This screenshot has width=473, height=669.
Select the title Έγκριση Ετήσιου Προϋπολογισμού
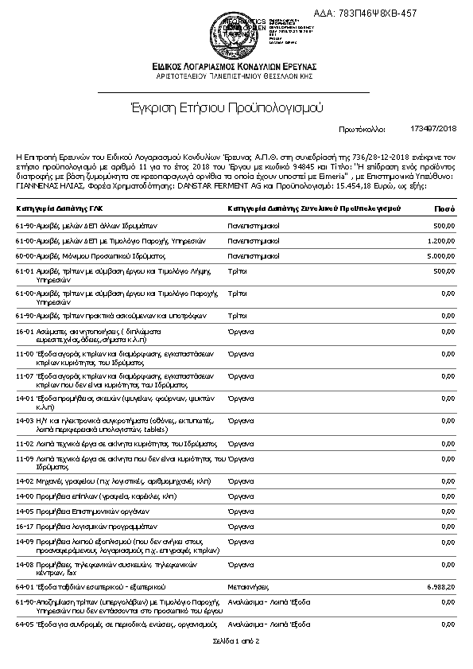pyautogui.click(x=236, y=107)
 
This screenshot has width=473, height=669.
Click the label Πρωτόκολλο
pyautogui.click(x=362, y=127)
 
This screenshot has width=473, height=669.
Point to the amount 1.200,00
pyautogui.click(x=440, y=241)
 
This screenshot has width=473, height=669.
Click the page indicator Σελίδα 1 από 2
pyautogui.click(x=236, y=640)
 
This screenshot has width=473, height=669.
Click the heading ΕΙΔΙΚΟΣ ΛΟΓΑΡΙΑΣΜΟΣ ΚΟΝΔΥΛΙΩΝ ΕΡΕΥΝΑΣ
pyautogui.click(x=236, y=65)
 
